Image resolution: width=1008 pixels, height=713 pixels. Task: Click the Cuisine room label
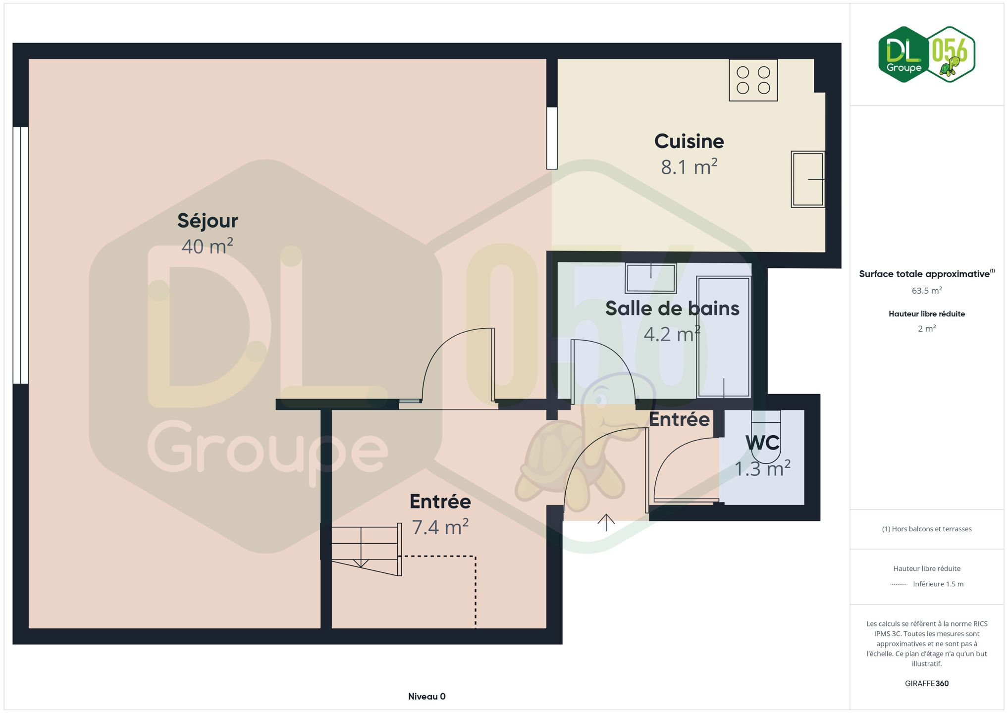pyautogui.click(x=689, y=142)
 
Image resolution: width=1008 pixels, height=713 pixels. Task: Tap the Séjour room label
pyautogui.click(x=208, y=221)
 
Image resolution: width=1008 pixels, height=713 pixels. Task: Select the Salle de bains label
pyautogui.click(x=672, y=308)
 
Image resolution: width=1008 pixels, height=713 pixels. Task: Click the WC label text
pyautogui.click(x=762, y=443)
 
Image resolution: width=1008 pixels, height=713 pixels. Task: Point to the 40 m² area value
pyautogui.click(x=207, y=246)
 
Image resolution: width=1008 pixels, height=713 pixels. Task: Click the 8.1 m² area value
pyautogui.click(x=689, y=167)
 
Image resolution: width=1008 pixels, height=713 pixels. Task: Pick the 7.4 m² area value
pyautogui.click(x=440, y=527)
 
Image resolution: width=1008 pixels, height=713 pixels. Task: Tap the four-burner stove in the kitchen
pyautogui.click(x=753, y=80)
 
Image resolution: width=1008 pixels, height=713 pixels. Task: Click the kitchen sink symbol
pyautogui.click(x=807, y=179)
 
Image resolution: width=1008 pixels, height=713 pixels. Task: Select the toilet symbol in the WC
pyautogui.click(x=766, y=429)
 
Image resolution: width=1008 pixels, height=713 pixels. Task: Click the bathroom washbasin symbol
pyautogui.click(x=650, y=278)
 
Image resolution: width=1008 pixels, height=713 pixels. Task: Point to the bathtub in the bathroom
pyautogui.click(x=724, y=337)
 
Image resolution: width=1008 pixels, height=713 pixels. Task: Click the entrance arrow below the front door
pyautogui.click(x=606, y=522)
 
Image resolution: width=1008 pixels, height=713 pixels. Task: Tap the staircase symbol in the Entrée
pyautogui.click(x=365, y=549)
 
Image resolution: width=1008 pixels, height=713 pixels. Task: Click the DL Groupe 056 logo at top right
pyautogui.click(x=926, y=54)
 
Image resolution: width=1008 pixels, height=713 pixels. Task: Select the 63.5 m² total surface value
pyautogui.click(x=926, y=291)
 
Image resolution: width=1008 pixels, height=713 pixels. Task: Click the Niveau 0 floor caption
pyautogui.click(x=426, y=697)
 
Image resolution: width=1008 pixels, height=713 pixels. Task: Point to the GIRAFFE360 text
pyautogui.click(x=926, y=684)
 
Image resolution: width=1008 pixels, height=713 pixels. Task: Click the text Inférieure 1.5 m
pyautogui.click(x=938, y=584)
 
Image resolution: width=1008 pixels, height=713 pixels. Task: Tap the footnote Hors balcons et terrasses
pyautogui.click(x=926, y=529)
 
